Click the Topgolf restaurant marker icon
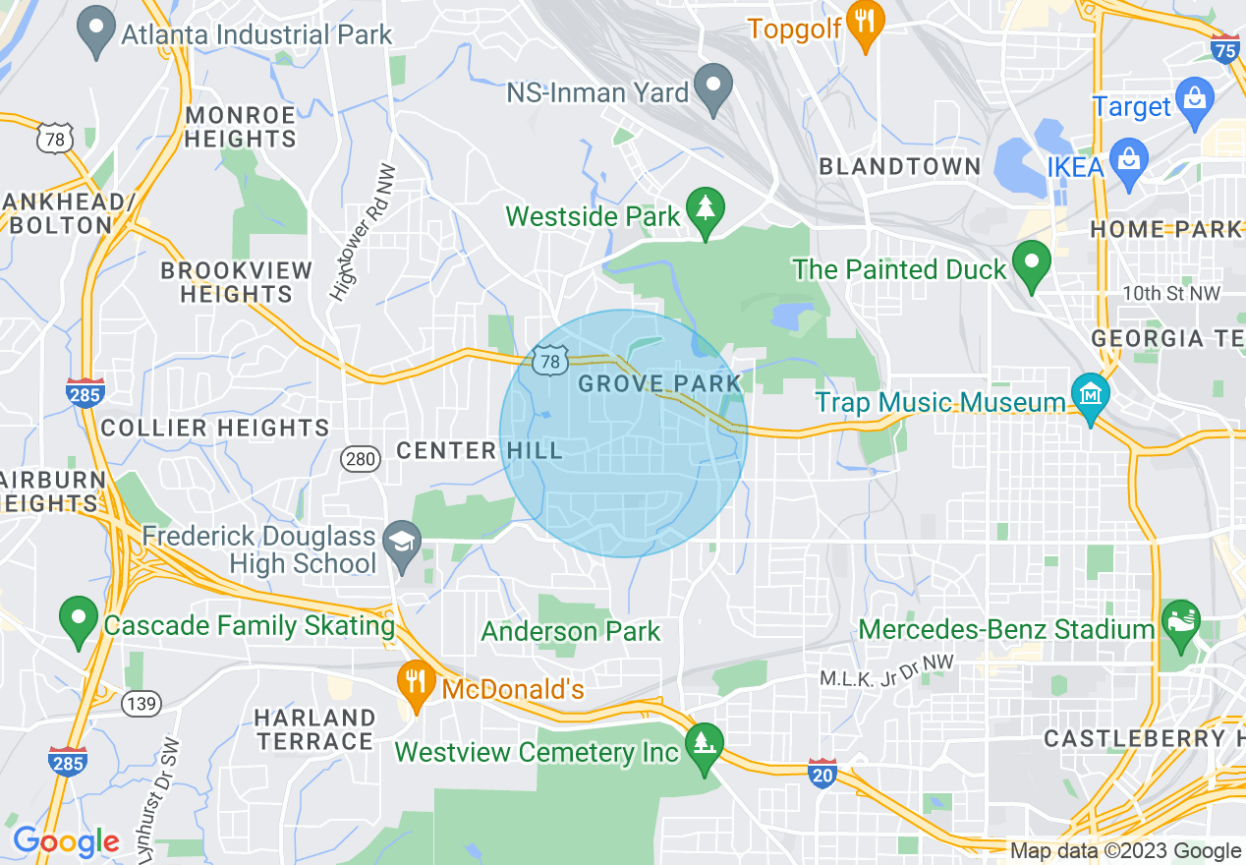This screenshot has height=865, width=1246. click(865, 28)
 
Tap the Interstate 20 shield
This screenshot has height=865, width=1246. click(821, 771)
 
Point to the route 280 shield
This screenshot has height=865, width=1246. click(361, 458)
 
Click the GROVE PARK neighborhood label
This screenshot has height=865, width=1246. click(659, 383)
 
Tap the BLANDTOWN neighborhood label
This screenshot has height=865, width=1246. click(899, 166)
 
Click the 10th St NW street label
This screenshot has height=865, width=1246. click(1171, 294)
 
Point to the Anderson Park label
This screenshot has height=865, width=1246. click(570, 631)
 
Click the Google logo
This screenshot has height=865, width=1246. click(66, 841)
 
